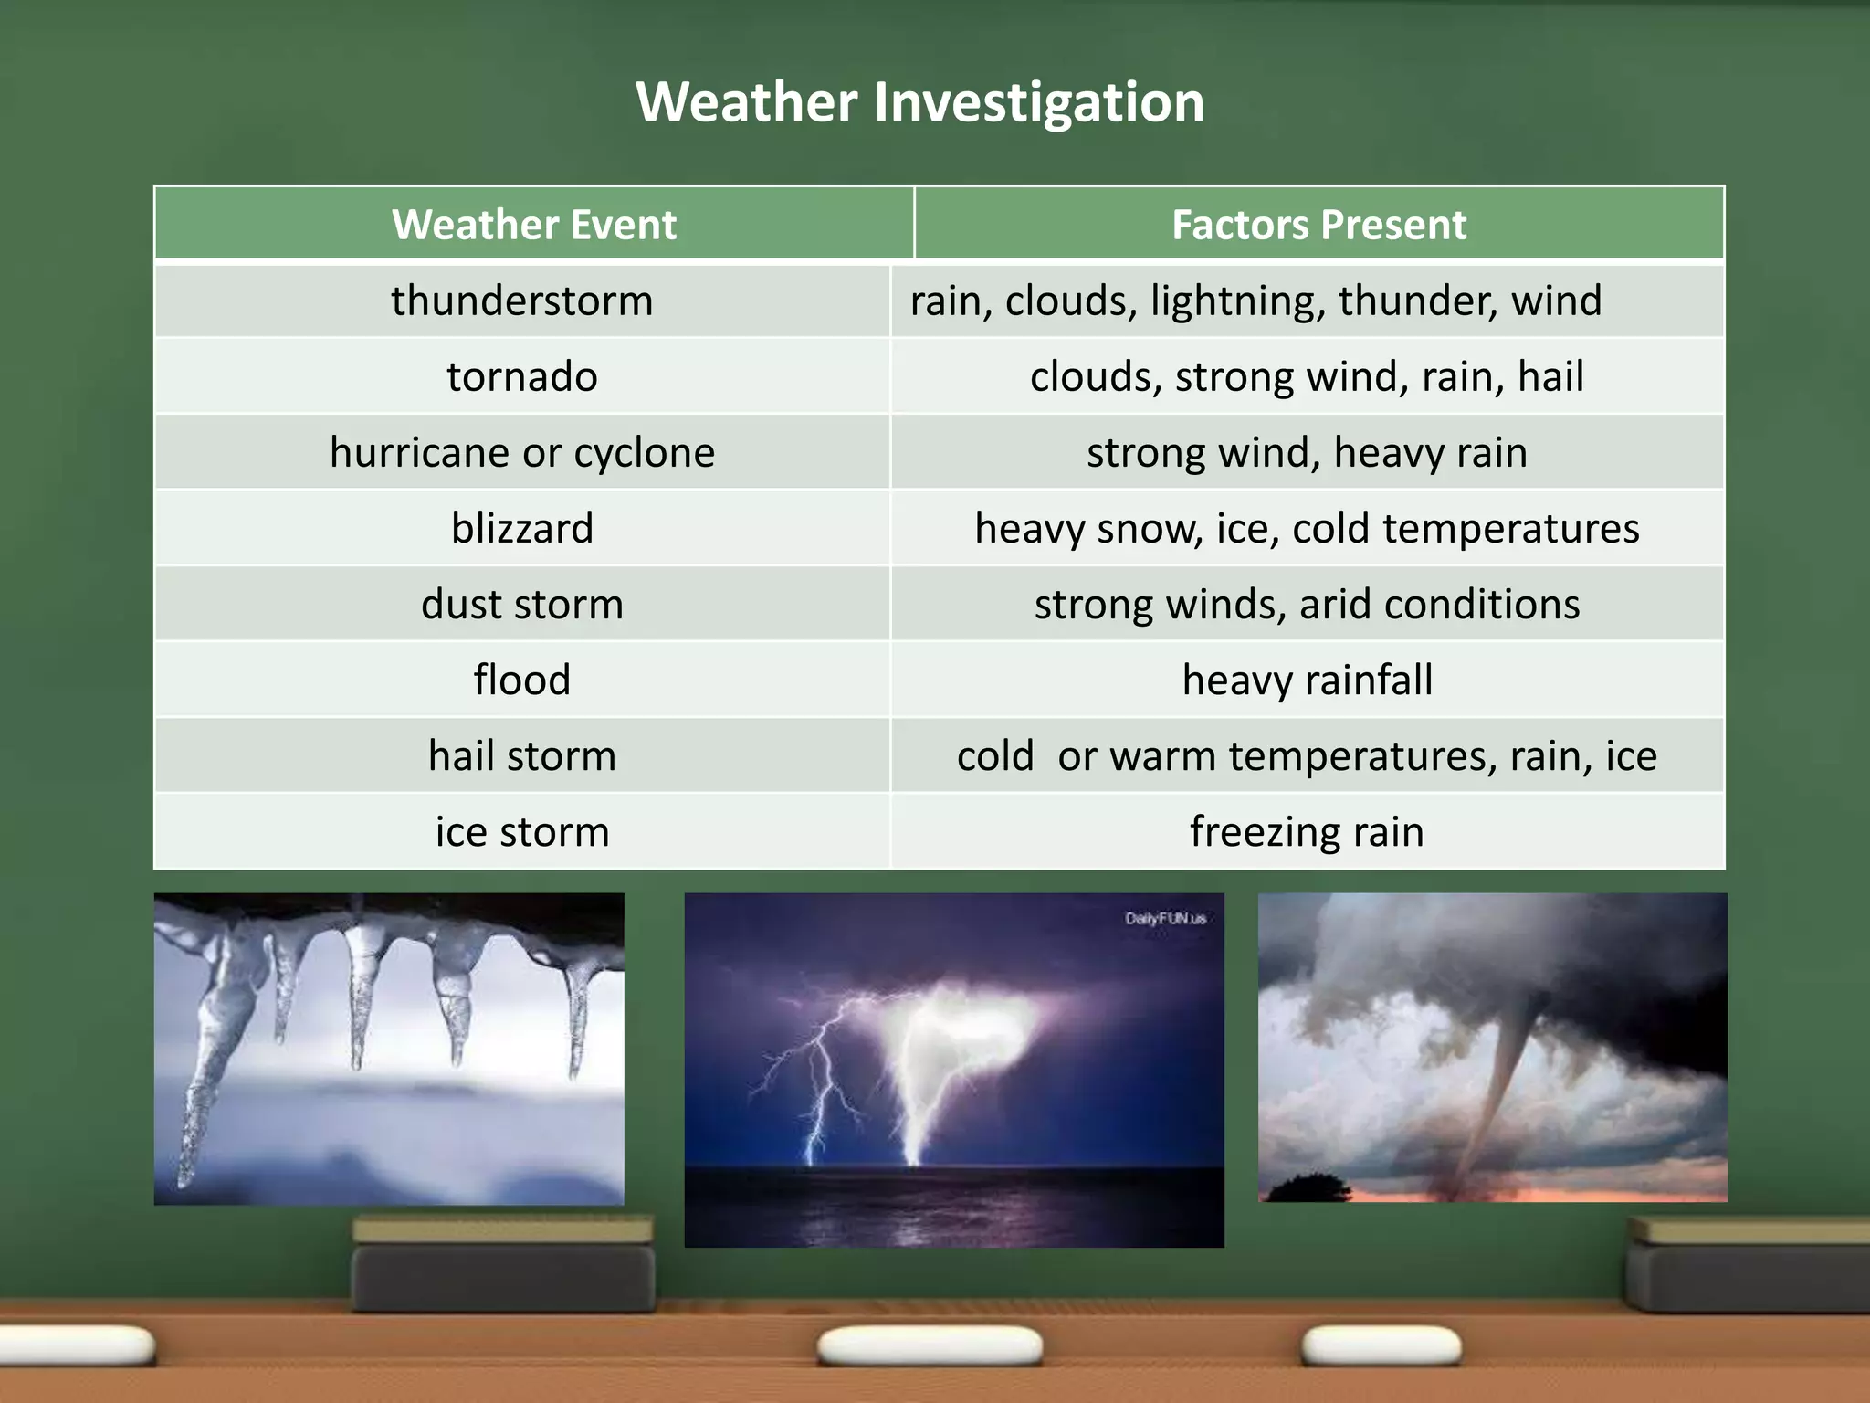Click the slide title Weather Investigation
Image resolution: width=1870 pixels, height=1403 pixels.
tap(919, 101)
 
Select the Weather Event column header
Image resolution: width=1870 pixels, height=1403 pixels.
tap(534, 225)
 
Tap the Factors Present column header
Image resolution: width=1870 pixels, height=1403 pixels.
tap(1318, 225)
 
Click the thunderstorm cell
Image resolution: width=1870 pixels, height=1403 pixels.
tap(522, 301)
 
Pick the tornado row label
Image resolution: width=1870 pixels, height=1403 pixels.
tap(522, 377)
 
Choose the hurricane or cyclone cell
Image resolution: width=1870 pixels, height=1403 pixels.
tap(522, 453)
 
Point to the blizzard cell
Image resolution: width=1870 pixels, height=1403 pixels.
tap(522, 529)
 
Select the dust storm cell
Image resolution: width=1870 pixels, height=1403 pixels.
tap(522, 605)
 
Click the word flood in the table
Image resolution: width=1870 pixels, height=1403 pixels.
tap(522, 680)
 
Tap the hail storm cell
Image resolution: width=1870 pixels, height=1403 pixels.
tap(522, 756)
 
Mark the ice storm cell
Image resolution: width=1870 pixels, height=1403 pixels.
tap(522, 832)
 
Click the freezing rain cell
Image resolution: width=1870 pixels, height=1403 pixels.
tap(1307, 832)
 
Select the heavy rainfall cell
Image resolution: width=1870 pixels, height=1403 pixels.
tap(1307, 680)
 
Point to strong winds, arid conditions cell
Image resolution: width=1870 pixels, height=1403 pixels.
tap(1307, 605)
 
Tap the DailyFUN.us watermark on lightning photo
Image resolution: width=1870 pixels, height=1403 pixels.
tap(1165, 918)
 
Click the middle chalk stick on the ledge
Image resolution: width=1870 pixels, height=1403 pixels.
tap(930, 1345)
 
